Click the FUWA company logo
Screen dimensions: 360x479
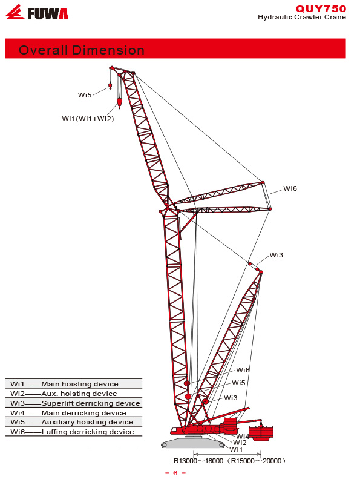point(37,12)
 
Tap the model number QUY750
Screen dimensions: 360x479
point(321,8)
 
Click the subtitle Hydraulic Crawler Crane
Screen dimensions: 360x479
point(302,17)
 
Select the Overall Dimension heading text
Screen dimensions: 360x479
point(81,50)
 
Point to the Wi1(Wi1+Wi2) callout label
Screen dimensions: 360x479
point(88,119)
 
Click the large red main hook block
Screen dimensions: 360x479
point(119,104)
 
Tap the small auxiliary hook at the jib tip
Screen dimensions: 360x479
point(110,85)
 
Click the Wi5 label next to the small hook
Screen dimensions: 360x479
point(85,95)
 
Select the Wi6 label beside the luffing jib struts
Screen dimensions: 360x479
point(290,188)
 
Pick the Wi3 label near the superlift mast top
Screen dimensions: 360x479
point(277,255)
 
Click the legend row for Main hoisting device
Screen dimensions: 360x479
point(74,384)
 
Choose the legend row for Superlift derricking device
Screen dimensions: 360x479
point(74,403)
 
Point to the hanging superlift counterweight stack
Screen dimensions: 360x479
point(261,433)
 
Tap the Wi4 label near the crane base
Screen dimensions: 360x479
point(243,436)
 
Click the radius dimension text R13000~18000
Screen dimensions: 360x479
point(198,461)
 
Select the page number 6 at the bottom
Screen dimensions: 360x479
point(175,473)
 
